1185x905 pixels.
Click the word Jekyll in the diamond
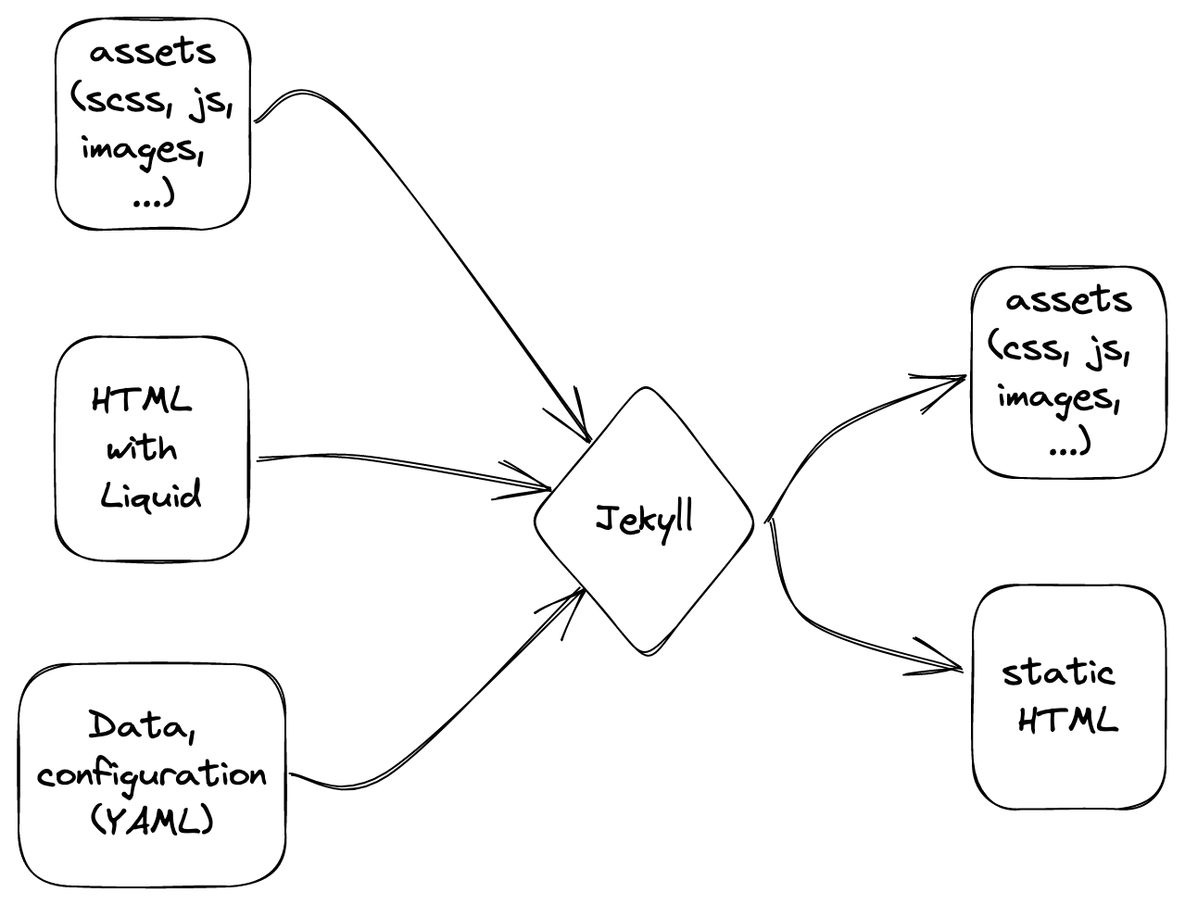click(645, 521)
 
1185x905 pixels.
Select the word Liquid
click(150, 496)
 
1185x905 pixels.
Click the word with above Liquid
click(142, 449)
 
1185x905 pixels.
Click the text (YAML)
click(152, 821)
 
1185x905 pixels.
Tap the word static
click(1058, 672)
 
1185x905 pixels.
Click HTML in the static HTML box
click(1067, 720)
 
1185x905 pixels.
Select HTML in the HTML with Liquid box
click(142, 402)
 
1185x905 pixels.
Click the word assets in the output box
click(1068, 300)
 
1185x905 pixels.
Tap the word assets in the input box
click(153, 53)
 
